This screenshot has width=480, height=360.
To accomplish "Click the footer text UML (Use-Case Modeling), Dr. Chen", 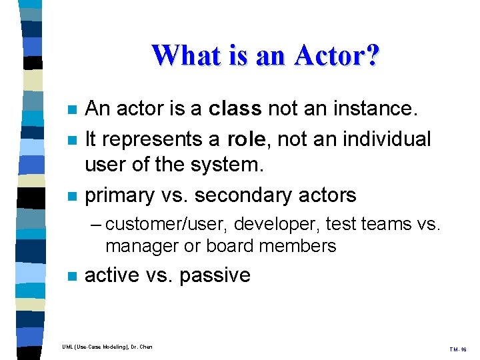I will tap(107, 347).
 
